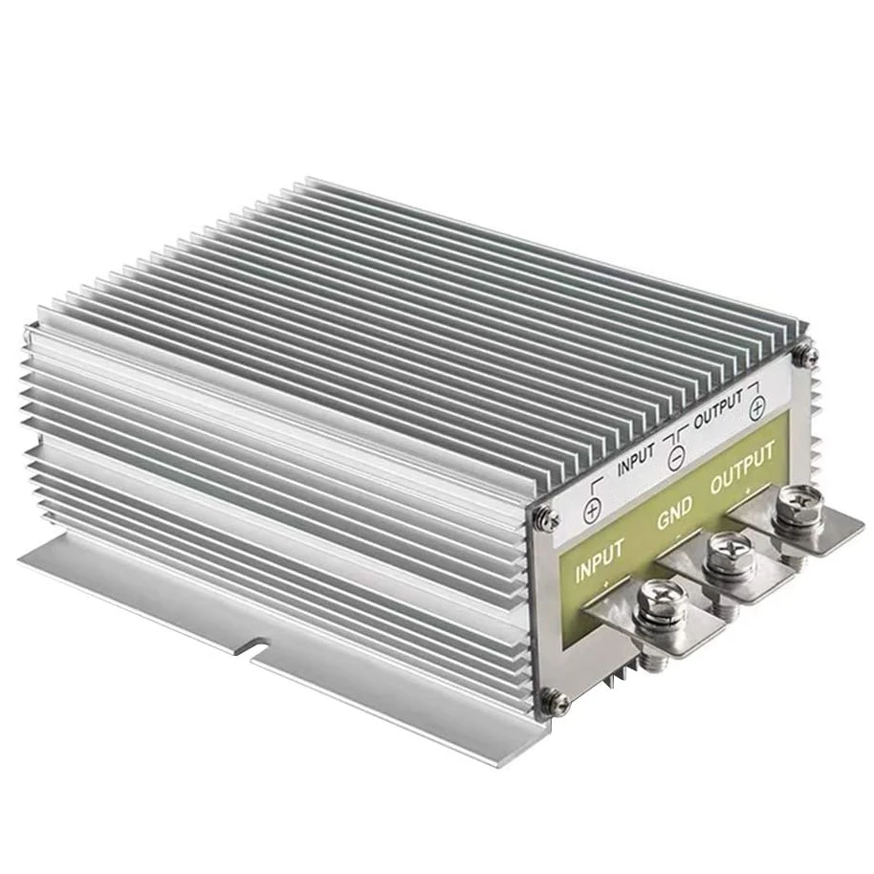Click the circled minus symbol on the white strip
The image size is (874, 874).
676,458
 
